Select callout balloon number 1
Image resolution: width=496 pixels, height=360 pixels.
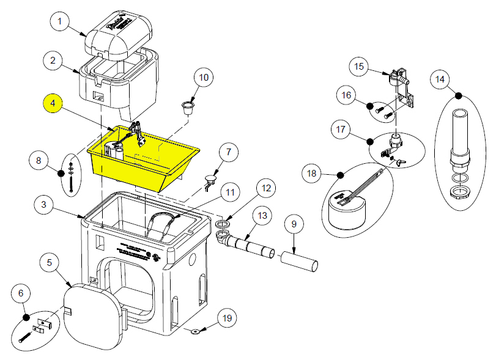point(60,23)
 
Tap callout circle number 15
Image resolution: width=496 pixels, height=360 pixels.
point(359,65)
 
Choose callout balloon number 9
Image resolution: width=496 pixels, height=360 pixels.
point(293,224)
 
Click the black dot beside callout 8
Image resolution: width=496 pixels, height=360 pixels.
point(61,173)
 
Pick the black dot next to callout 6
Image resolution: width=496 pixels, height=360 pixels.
point(26,317)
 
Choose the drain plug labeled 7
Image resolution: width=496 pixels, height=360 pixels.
point(210,180)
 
